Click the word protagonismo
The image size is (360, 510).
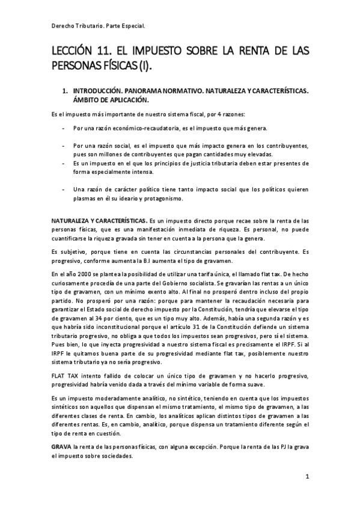tap(166, 198)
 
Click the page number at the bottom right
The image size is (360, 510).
tap(307, 477)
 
